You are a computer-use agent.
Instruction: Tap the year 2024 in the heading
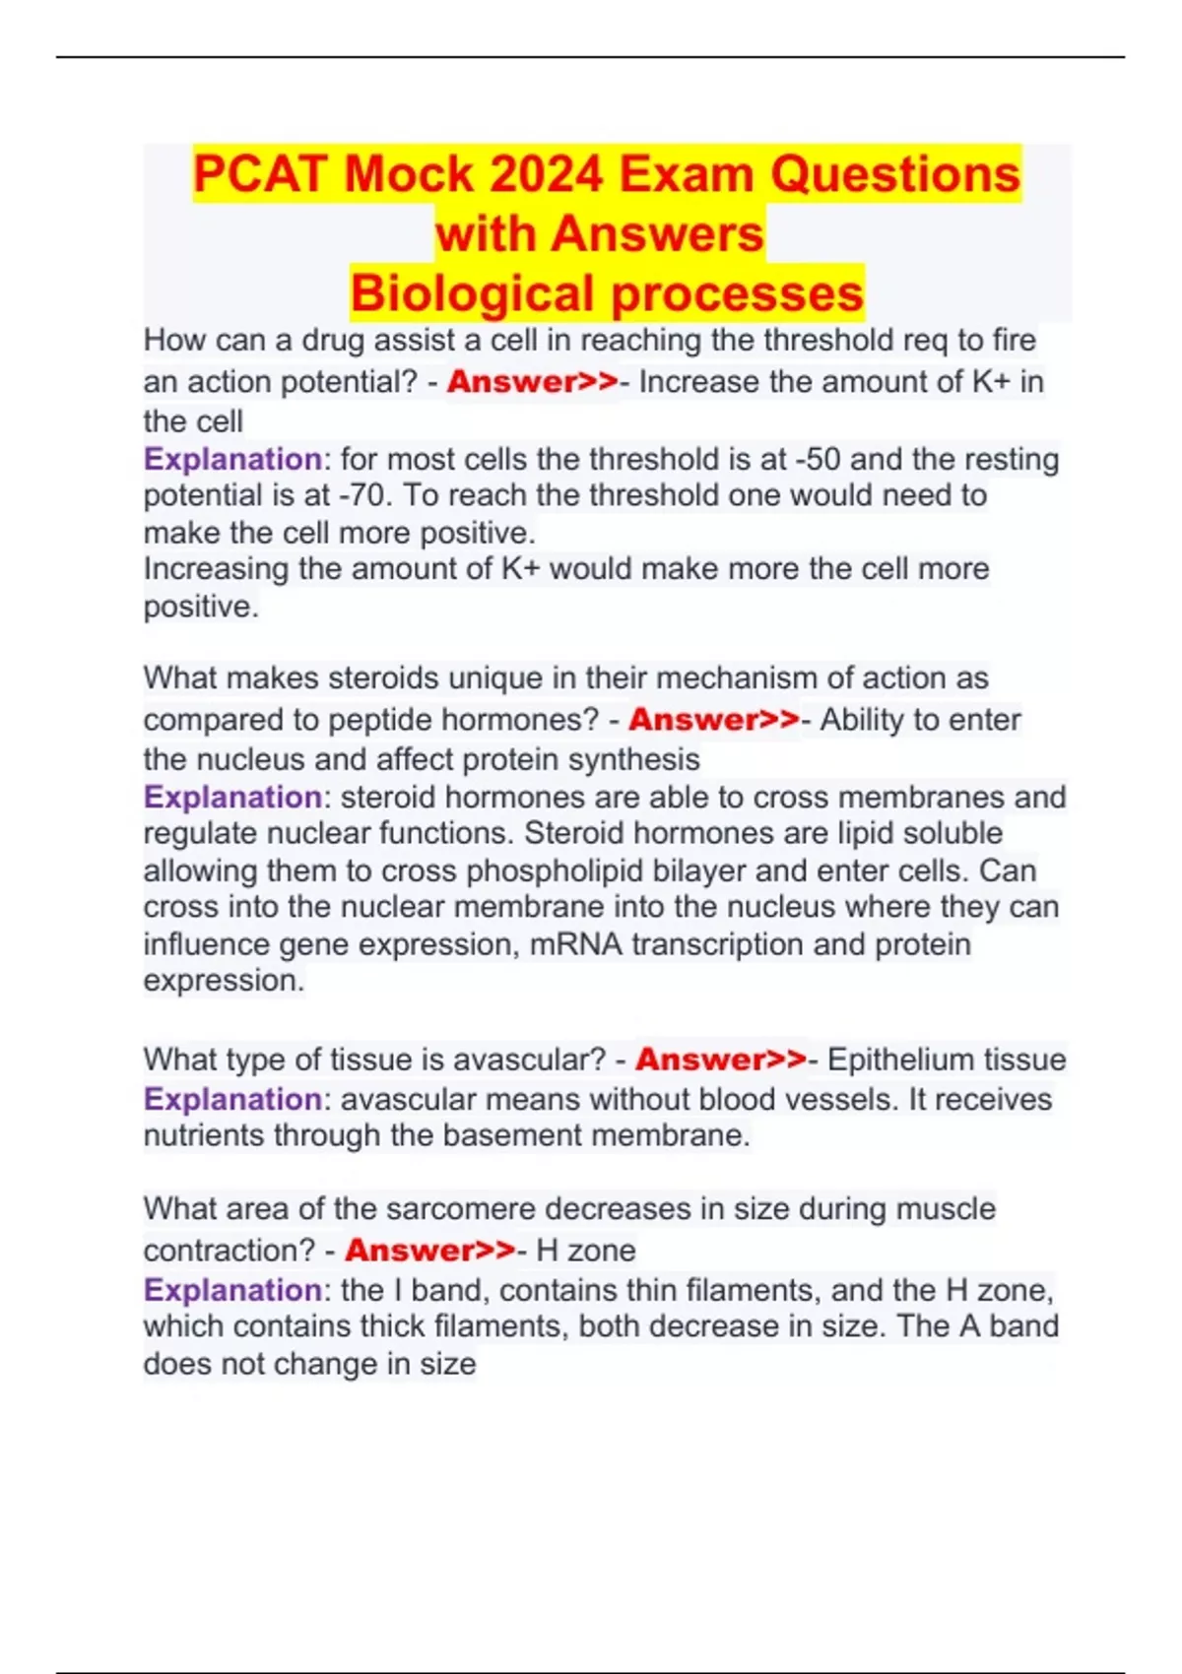[546, 174]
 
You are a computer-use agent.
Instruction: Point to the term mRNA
[576, 944]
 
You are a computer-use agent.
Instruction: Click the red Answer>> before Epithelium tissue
[721, 1060]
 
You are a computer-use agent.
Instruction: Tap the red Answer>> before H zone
[430, 1251]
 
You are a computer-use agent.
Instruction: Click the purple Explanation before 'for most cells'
[232, 460]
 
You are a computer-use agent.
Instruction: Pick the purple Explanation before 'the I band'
[232, 1290]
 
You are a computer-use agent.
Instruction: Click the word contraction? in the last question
[230, 1251]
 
